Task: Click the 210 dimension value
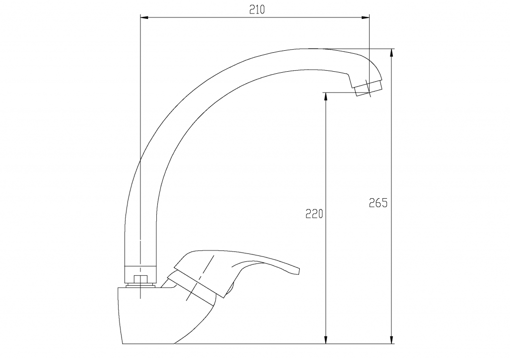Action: [257, 10]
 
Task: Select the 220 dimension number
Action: [314, 214]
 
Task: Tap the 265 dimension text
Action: [378, 203]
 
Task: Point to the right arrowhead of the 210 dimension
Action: [365, 17]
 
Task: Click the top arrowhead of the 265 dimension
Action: [391, 53]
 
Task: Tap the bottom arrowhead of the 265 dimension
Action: [391, 340]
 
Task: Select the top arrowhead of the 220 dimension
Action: [326, 97]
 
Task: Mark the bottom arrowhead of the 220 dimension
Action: [326, 340]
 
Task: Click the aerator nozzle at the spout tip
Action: [368, 88]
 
